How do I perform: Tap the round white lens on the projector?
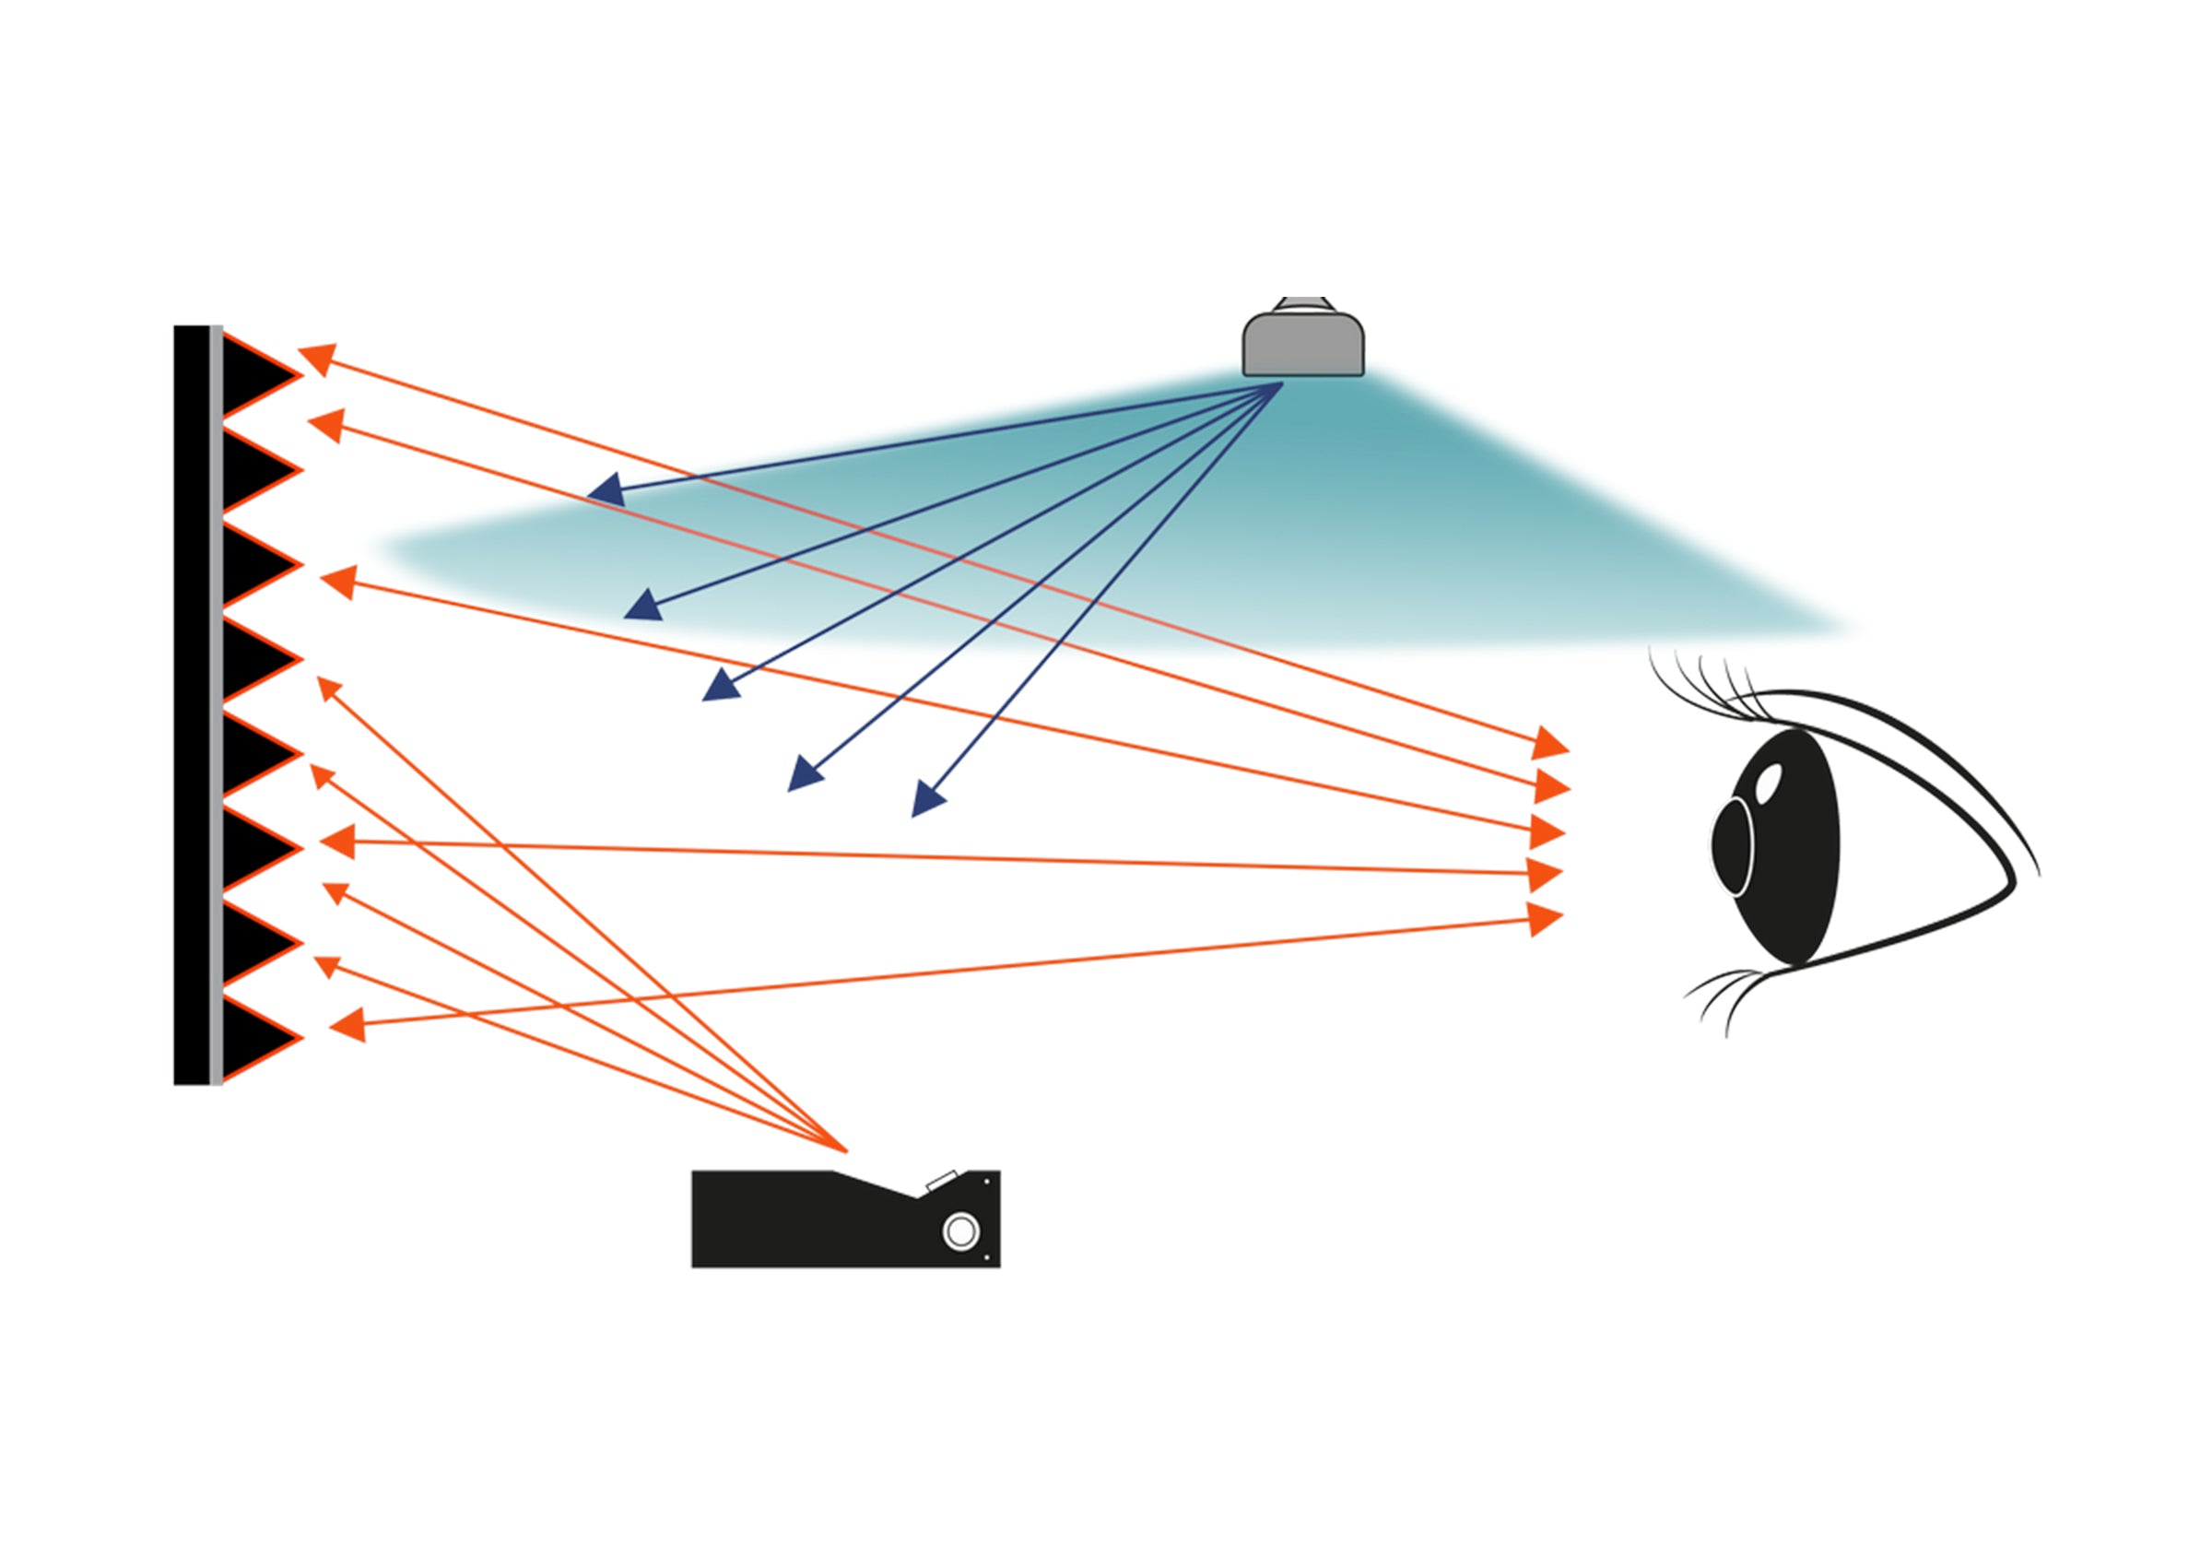coord(959,1231)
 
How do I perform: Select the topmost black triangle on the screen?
coord(253,375)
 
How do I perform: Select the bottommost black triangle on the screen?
coord(253,1037)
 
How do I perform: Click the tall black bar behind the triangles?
coord(191,704)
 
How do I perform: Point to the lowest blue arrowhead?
coord(927,799)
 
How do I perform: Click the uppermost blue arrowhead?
coord(606,491)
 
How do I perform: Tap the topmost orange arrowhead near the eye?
coord(1549,743)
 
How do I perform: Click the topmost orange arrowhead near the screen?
coord(317,358)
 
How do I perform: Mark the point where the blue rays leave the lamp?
coord(1281,383)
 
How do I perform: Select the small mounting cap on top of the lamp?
coord(1303,304)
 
